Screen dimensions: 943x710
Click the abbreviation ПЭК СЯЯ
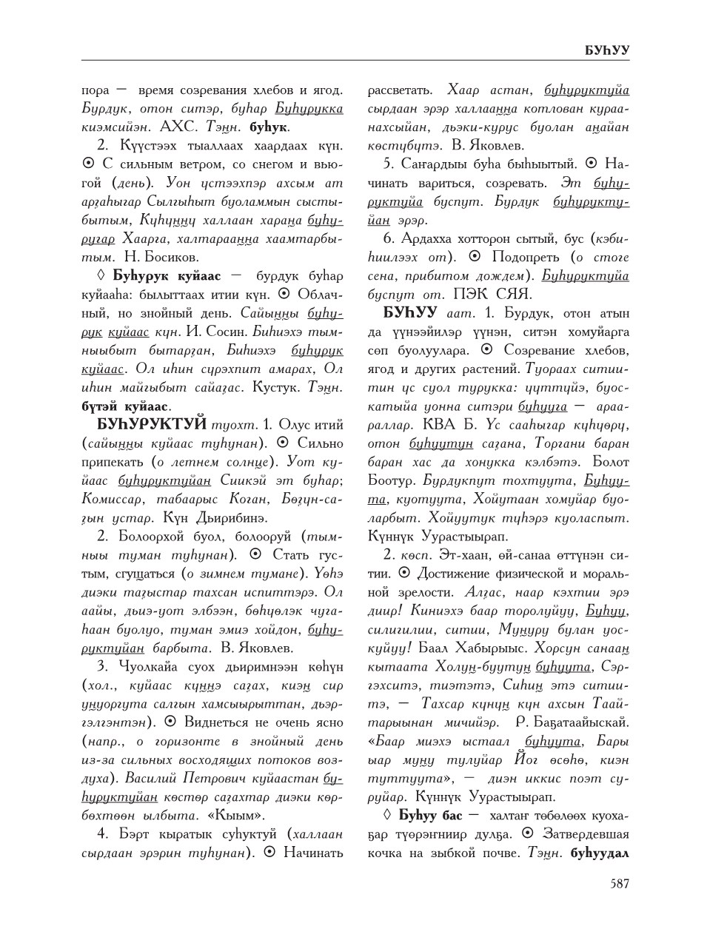pyautogui.click(x=460, y=294)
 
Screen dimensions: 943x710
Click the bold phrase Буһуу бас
pyautogui.click(x=419, y=816)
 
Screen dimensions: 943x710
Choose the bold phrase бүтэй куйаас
pyautogui.click(x=126, y=406)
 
